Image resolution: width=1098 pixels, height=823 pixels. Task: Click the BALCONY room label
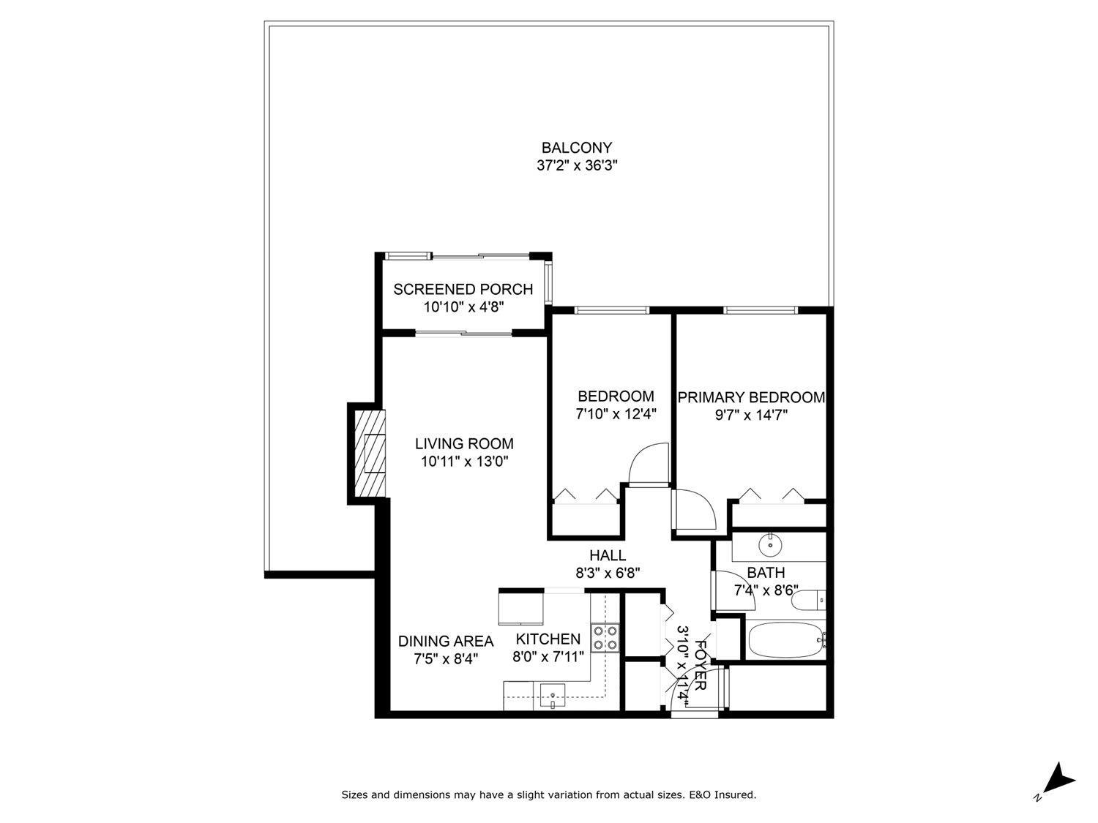point(576,148)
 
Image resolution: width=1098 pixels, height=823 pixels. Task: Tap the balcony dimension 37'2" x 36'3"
point(577,166)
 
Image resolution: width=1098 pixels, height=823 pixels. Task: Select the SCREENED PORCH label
point(463,289)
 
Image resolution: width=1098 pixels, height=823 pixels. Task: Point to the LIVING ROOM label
point(464,443)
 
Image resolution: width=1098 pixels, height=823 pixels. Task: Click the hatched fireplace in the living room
point(370,454)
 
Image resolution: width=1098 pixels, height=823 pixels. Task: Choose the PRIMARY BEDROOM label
point(751,397)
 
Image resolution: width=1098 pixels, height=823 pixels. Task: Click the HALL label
point(608,556)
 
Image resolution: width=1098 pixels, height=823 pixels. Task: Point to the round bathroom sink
point(769,544)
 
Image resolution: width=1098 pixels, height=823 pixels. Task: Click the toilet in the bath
point(810,601)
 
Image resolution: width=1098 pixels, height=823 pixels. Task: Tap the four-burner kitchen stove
point(605,637)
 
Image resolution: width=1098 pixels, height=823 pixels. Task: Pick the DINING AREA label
point(445,641)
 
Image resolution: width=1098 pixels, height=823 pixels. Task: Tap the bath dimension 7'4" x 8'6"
point(766,590)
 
